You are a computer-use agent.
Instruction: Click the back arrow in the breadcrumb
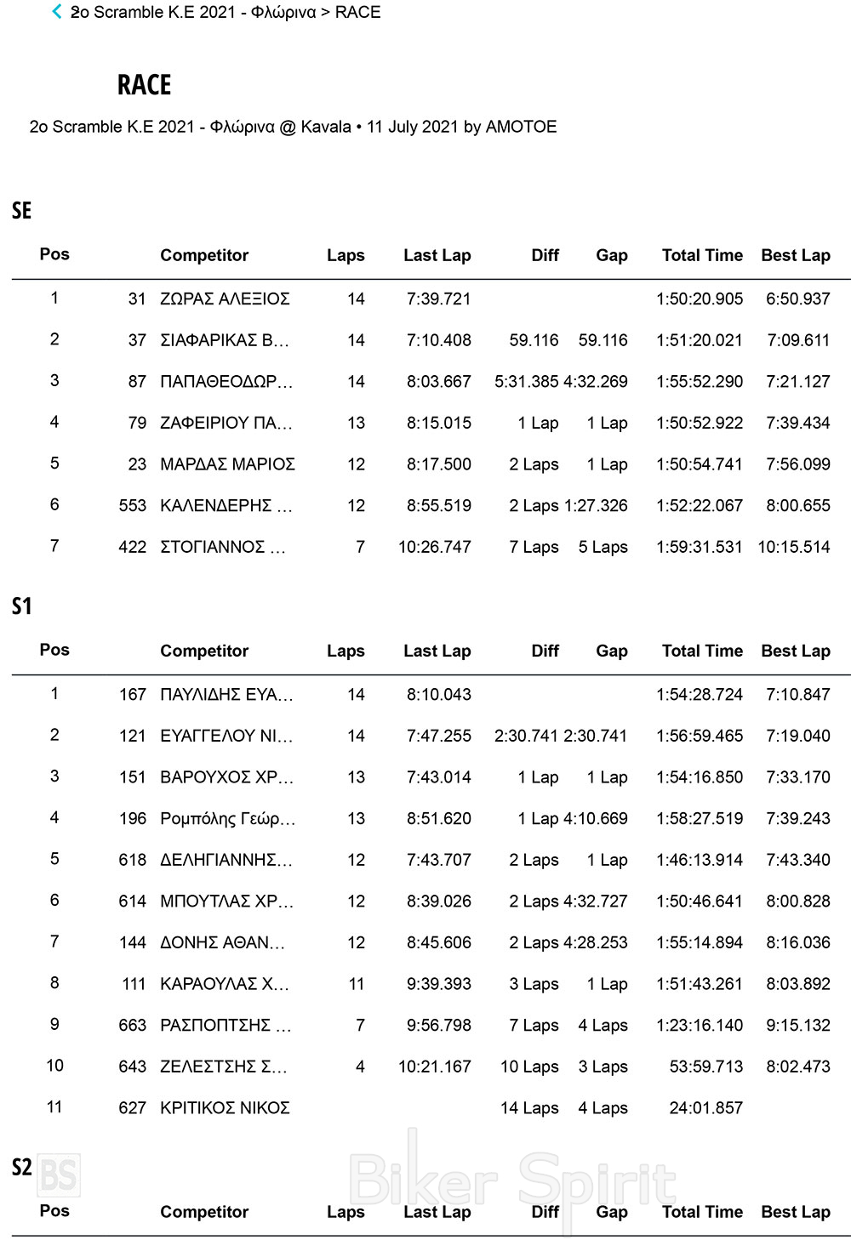(57, 12)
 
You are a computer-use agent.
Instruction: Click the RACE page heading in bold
(145, 85)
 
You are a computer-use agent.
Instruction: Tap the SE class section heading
(21, 211)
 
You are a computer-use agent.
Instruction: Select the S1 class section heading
(21, 606)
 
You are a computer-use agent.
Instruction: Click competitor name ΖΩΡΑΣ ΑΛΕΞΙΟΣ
(225, 299)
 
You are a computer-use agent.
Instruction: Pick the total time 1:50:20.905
(700, 299)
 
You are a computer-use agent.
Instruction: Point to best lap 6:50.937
(797, 299)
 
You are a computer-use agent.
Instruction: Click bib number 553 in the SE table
(133, 506)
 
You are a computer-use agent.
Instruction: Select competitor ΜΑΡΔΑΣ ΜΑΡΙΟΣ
(227, 464)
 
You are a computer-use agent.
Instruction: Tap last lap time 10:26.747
(434, 547)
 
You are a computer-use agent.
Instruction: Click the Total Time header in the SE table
(702, 255)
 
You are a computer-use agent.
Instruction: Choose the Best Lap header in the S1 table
(796, 651)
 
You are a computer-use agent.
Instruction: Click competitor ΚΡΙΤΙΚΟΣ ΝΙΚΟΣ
(225, 1108)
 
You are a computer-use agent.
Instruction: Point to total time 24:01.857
(705, 1108)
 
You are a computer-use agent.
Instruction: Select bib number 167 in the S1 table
(133, 695)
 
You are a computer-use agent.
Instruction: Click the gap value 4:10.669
(596, 819)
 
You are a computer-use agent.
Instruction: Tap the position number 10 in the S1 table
(54, 1066)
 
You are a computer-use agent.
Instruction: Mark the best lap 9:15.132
(797, 1026)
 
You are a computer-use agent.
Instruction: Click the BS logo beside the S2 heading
(59, 1175)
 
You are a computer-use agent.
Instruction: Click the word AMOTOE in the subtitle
(521, 127)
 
